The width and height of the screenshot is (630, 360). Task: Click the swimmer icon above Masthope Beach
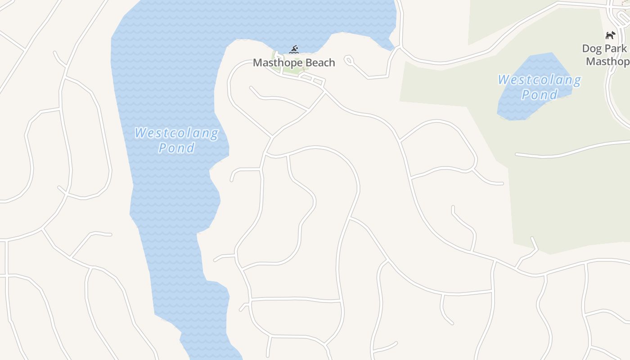point(294,49)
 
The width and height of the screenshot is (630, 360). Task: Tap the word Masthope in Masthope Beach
point(274,63)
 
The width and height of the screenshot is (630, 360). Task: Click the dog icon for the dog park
point(610,35)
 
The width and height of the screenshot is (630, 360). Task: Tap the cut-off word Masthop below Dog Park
point(607,62)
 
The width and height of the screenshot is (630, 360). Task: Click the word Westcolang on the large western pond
point(176,133)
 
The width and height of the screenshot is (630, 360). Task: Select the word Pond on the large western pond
point(176,148)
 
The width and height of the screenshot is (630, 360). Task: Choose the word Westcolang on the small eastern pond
point(539,81)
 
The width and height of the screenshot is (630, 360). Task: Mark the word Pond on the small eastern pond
point(539,94)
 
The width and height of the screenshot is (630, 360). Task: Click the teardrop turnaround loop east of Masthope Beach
point(348,59)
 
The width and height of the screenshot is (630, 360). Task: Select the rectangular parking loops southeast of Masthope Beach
point(313,80)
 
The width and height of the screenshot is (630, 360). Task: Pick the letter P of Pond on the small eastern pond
point(526,94)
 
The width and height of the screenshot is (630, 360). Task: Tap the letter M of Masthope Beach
point(258,63)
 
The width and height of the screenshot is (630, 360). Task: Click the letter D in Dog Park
point(586,49)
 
